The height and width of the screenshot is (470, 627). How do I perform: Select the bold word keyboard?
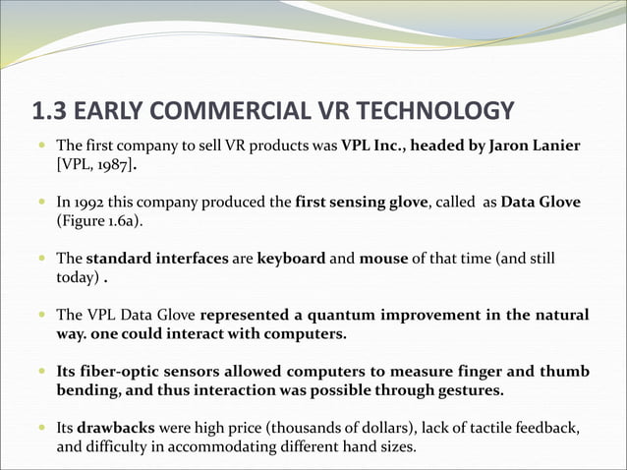click(x=291, y=259)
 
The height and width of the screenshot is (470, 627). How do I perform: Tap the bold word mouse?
click(x=382, y=259)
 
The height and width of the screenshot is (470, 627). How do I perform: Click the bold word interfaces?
click(x=190, y=259)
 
